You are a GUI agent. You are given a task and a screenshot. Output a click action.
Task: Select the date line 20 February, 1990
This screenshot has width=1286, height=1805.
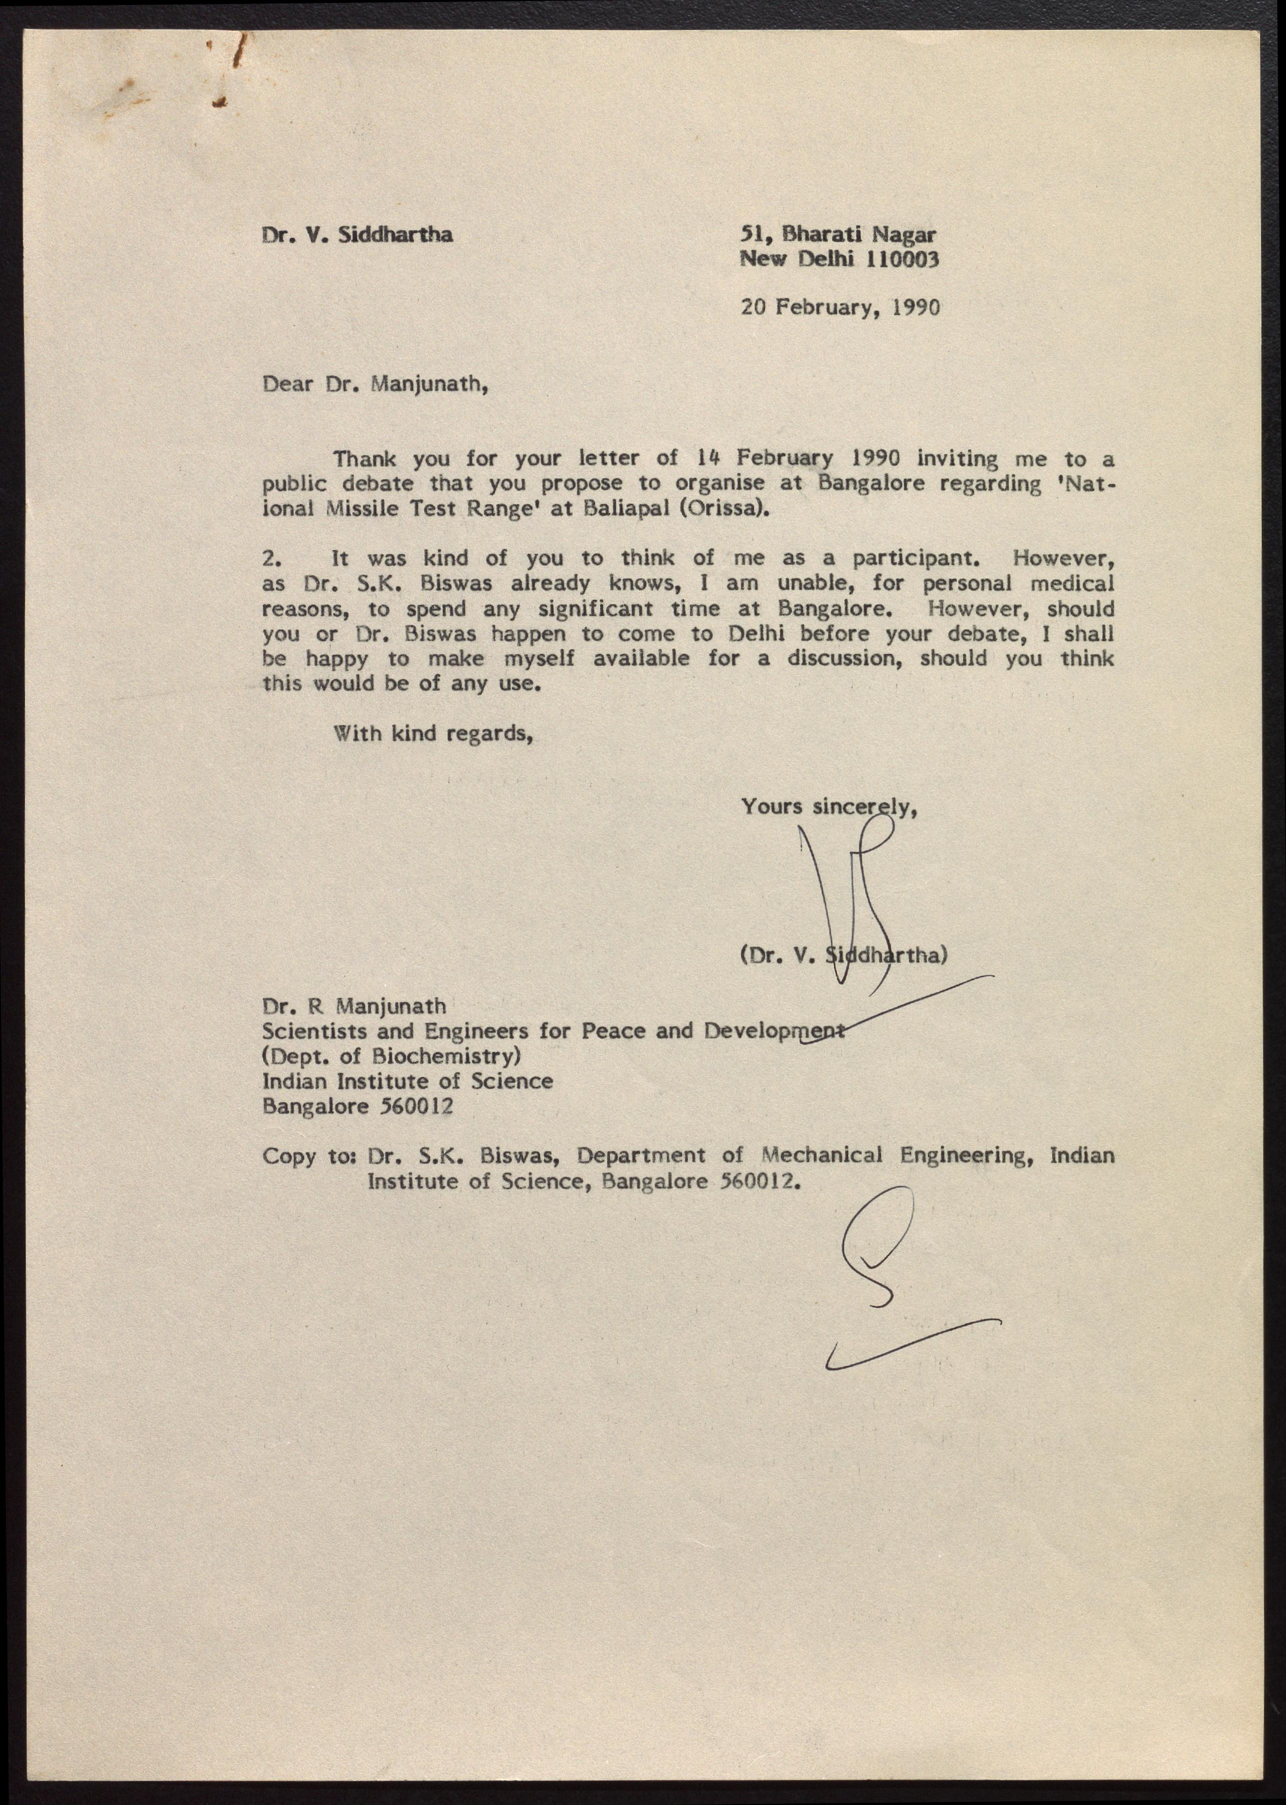pyautogui.click(x=840, y=307)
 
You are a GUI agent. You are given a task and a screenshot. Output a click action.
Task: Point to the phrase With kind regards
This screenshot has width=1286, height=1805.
pyautogui.click(x=432, y=733)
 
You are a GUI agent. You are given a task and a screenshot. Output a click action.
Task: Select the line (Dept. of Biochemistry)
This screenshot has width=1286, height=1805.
pyautogui.click(x=391, y=1056)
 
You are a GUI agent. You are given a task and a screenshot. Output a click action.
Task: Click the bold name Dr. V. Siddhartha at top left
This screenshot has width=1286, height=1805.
pyautogui.click(x=358, y=235)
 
